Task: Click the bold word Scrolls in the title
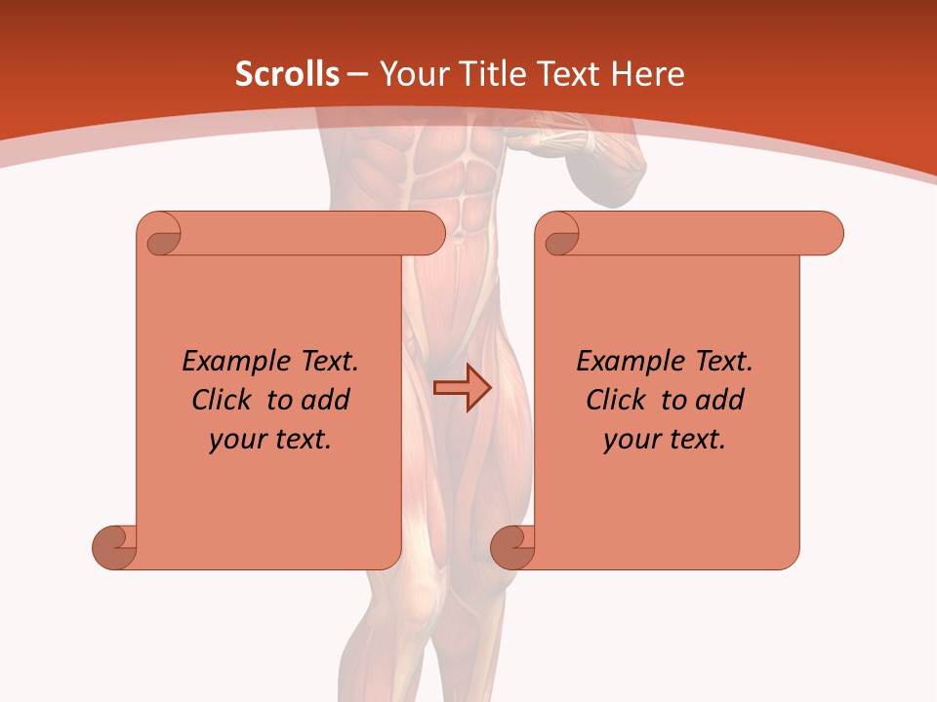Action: pyautogui.click(x=288, y=74)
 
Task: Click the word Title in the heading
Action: pyautogui.click(x=489, y=74)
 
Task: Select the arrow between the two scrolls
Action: pyautogui.click(x=463, y=388)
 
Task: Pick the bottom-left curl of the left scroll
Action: pyautogui.click(x=115, y=546)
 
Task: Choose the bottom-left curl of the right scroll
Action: pyautogui.click(x=512, y=546)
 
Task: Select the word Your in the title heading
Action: pyautogui.click(x=413, y=74)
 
